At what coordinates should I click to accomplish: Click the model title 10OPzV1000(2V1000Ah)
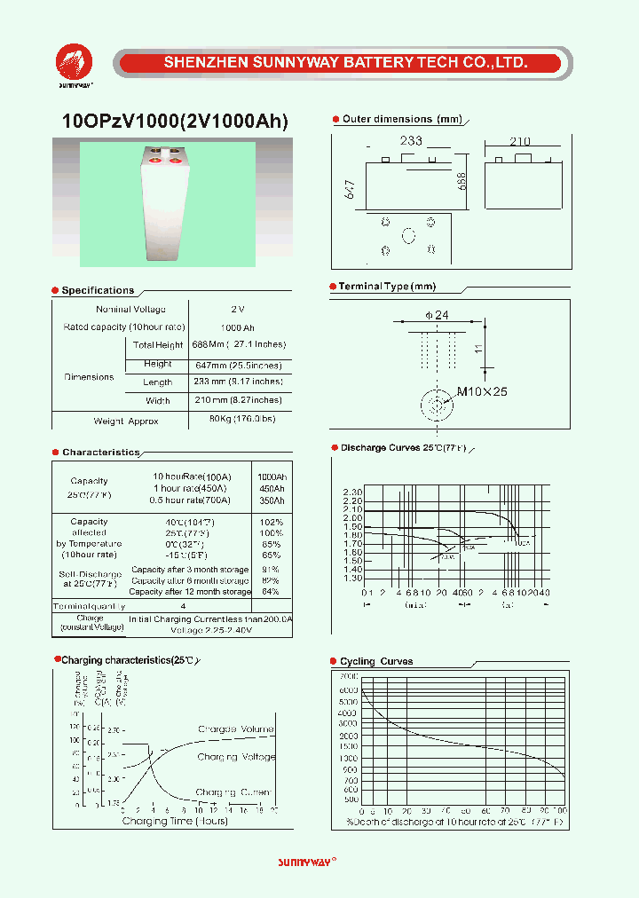coord(176,122)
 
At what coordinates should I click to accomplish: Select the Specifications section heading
coord(98,290)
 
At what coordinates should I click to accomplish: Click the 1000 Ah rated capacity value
coord(237,327)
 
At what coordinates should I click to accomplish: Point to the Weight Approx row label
coord(125,421)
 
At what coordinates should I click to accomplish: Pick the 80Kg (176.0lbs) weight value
coord(241,418)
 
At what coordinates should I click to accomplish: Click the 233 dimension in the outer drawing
coord(410,141)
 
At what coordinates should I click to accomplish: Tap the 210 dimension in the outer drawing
coord(519,141)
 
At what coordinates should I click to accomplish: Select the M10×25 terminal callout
coord(482,391)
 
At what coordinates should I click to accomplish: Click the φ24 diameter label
coord(437,315)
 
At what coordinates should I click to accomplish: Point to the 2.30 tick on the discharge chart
coord(352,492)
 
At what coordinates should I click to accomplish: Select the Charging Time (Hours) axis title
coord(175,821)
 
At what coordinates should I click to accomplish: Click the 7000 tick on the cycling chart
coord(349,676)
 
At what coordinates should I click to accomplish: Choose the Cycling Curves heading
coord(376,661)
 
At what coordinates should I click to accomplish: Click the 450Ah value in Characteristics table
coord(271,488)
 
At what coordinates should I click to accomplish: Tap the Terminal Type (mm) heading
coord(387,287)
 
